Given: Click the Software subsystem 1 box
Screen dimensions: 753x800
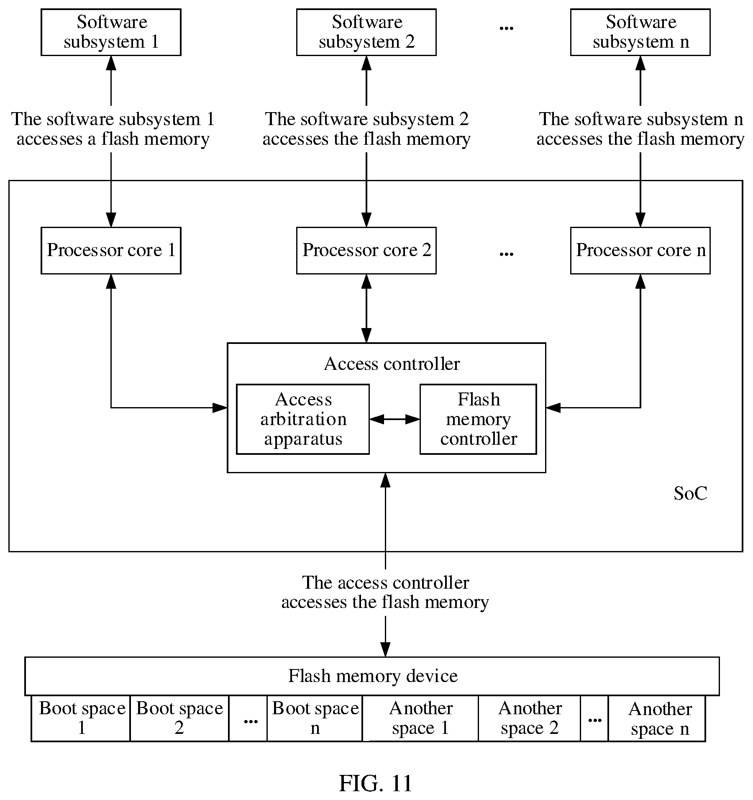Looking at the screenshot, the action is (x=111, y=32).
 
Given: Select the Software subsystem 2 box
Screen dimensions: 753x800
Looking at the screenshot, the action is (x=366, y=32).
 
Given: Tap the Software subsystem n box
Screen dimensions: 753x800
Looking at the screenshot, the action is (x=640, y=32).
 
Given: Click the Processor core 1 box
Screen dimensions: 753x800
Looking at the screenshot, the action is (x=111, y=251).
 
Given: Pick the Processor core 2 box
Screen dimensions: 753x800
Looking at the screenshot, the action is (x=366, y=251).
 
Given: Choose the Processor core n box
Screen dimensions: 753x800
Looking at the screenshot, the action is (x=640, y=251).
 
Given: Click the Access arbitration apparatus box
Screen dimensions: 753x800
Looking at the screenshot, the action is (x=303, y=419).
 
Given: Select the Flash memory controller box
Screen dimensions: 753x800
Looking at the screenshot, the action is (x=478, y=419).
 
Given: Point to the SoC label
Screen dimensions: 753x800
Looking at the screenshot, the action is (x=690, y=494).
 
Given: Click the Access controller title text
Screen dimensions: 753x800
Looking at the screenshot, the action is (x=392, y=364).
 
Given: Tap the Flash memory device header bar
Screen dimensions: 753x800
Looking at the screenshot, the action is (x=372, y=676).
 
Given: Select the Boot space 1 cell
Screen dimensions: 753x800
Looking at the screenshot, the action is (x=81, y=718).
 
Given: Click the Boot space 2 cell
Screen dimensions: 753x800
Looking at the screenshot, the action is (x=179, y=718).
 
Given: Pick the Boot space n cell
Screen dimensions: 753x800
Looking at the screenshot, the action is (x=315, y=718).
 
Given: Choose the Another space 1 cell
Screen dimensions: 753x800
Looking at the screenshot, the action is (x=420, y=718).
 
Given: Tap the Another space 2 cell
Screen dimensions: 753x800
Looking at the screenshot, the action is (x=530, y=718).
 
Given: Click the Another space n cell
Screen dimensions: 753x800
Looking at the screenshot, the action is (x=657, y=718).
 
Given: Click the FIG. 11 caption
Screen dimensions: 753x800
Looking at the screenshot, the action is (x=375, y=783).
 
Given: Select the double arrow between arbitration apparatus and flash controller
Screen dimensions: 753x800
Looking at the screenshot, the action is (x=394, y=419).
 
